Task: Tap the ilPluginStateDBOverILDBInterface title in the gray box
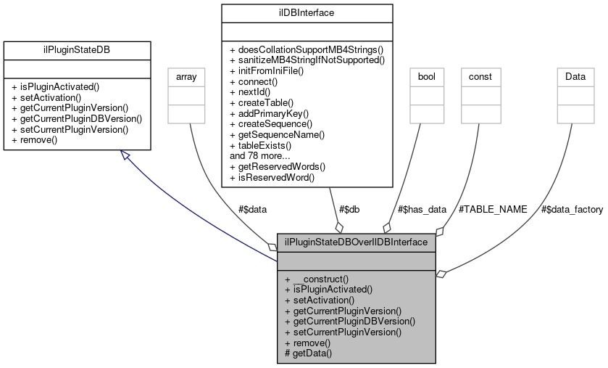point(357,241)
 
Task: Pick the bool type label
point(426,76)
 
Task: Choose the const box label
point(480,76)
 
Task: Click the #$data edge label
point(253,209)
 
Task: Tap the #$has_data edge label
point(422,209)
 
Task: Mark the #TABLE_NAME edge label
point(493,209)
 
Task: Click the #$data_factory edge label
point(572,209)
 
